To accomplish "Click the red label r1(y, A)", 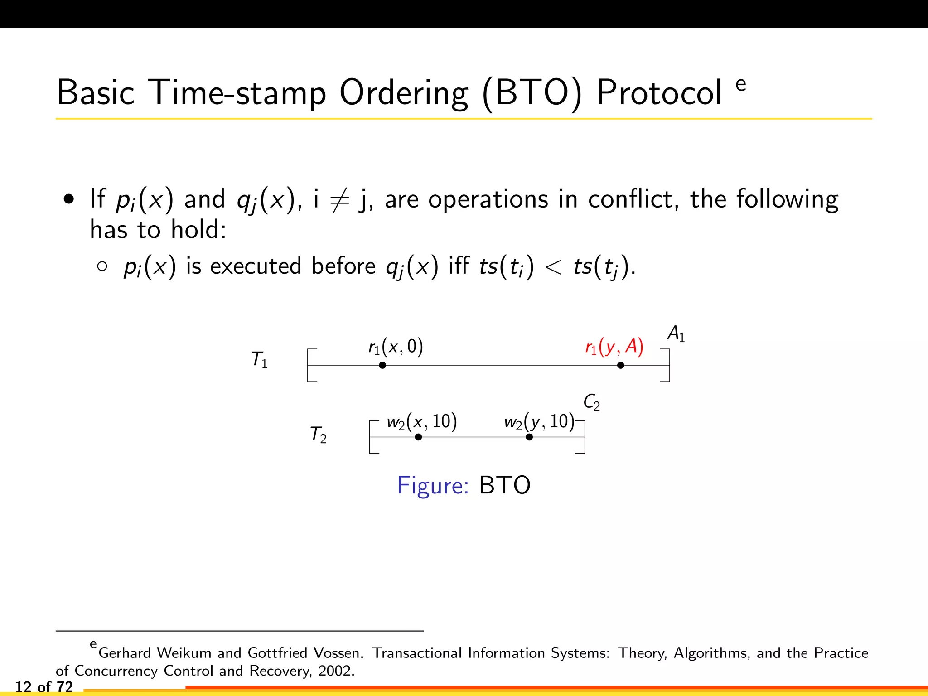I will [614, 348].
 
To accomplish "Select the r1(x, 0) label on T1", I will [396, 348].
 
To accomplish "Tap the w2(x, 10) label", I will [421, 422].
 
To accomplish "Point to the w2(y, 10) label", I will [539, 422].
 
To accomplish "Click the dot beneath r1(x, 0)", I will [382, 365].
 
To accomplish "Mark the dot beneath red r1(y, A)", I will [621, 365].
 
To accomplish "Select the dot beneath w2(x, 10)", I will [418, 437].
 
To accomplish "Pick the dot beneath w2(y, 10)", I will [529, 437].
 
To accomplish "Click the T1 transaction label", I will [260, 360].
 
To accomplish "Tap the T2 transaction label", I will [318, 435].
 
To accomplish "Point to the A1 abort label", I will [676, 334].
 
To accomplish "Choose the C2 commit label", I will [591, 402].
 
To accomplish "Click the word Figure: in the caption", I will [433, 485].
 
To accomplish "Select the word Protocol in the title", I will [659, 93].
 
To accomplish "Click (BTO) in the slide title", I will [532, 94].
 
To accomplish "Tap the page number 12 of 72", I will [44, 687].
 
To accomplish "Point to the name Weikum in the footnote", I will [184, 653].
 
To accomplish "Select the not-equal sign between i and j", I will [339, 200].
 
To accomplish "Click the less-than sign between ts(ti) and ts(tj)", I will [553, 266].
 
